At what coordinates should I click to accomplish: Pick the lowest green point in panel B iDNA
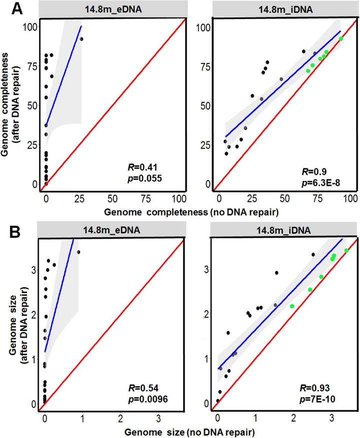(x=292, y=306)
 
